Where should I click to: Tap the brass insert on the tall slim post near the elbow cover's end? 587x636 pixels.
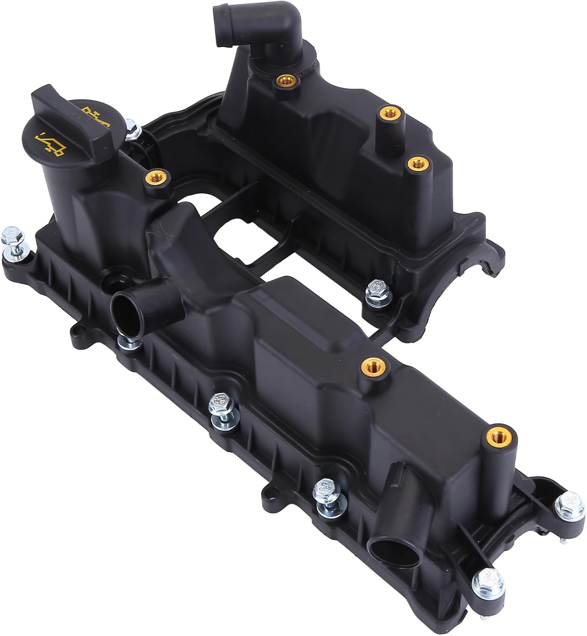[390, 112]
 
